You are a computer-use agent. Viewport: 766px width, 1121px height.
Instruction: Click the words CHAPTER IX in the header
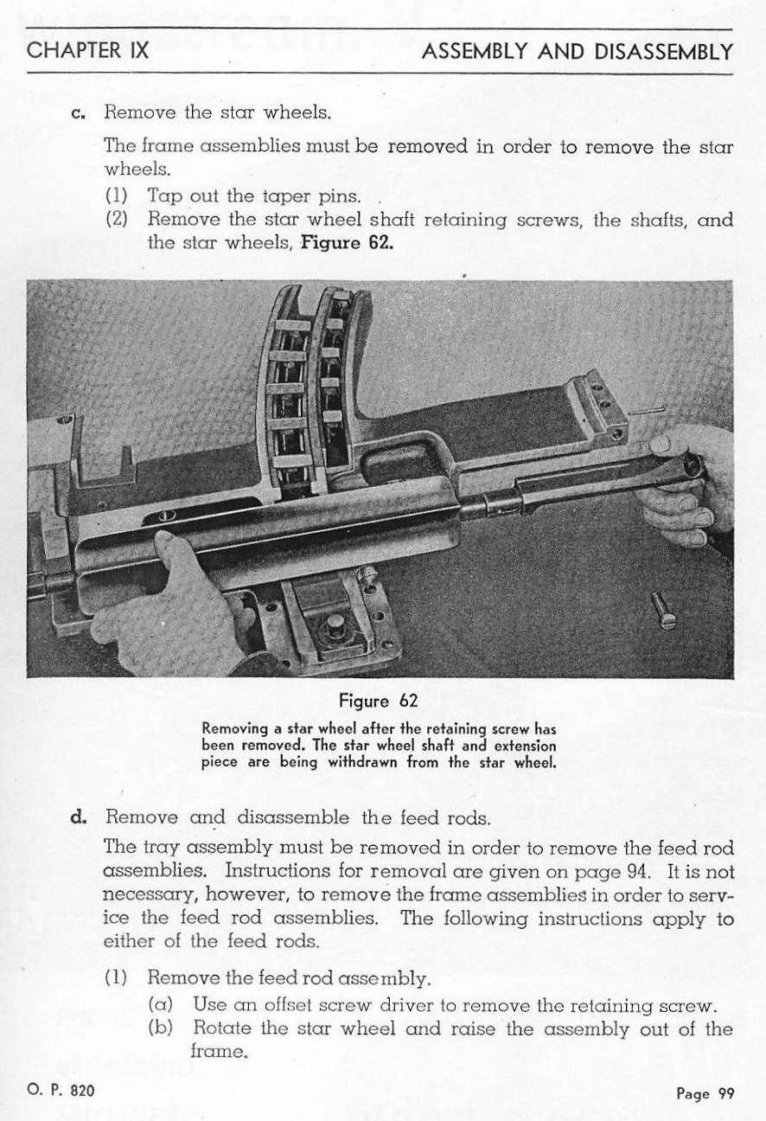click(x=87, y=50)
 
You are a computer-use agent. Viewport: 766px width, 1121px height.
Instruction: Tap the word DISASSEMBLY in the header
click(x=664, y=52)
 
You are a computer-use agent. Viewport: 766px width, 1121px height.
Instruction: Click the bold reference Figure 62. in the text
click(x=347, y=243)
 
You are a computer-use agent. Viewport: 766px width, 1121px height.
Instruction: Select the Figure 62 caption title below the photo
click(x=379, y=700)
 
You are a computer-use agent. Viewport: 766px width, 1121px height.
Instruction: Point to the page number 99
click(x=726, y=1093)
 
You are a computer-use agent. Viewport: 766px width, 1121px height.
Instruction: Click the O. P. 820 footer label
click(x=61, y=1090)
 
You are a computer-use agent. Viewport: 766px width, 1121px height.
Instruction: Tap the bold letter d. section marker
click(x=79, y=817)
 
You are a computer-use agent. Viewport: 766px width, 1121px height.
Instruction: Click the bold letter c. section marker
click(x=79, y=113)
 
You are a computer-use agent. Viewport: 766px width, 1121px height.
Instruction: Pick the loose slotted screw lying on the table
click(x=664, y=611)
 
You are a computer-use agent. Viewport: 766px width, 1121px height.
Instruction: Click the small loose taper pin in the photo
click(x=648, y=410)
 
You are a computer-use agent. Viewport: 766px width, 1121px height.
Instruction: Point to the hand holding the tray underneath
click(x=170, y=608)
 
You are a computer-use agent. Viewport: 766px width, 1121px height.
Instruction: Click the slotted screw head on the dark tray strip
click(x=167, y=516)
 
